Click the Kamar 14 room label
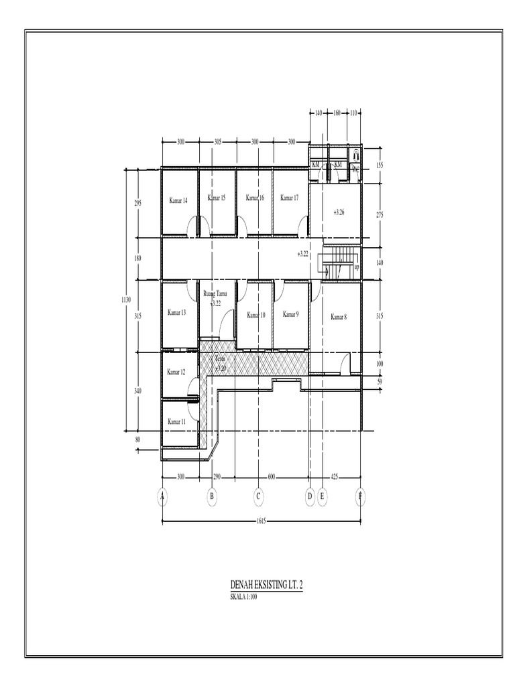[x=178, y=200]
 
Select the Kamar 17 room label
[x=289, y=198]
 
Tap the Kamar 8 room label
[x=339, y=317]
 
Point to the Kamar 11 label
[x=176, y=422]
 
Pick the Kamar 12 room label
[x=176, y=372]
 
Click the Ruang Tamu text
[x=215, y=294]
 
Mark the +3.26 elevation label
[x=339, y=212]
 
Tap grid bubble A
[x=162, y=496]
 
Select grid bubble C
[x=257, y=496]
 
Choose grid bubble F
[x=360, y=496]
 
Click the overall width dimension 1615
[x=262, y=521]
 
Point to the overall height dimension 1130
[x=126, y=300]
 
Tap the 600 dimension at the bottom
[x=271, y=477]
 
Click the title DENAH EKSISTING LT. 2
[x=266, y=586]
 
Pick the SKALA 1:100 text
[x=243, y=597]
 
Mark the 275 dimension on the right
[x=379, y=214]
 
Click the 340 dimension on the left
[x=138, y=391]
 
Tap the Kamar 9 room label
[x=290, y=314]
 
